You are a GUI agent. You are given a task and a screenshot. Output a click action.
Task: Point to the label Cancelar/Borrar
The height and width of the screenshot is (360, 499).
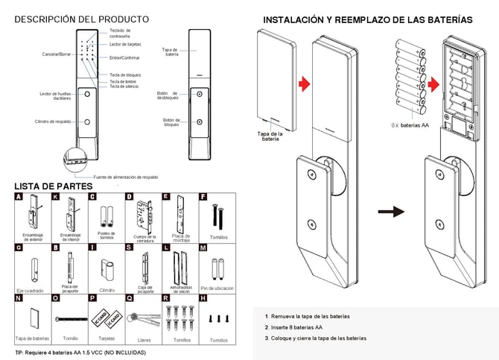(57, 55)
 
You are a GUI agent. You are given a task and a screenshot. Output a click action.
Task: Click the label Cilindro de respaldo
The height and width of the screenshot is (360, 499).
(53, 121)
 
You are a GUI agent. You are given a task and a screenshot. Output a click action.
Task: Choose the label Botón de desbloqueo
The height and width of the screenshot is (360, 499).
(168, 96)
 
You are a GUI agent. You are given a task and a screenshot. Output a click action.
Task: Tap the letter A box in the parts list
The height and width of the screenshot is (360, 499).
(19, 198)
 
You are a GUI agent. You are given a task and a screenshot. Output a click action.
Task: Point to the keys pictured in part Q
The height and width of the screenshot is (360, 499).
(144, 318)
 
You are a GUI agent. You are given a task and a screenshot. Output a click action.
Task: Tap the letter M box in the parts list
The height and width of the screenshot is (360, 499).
(203, 247)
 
